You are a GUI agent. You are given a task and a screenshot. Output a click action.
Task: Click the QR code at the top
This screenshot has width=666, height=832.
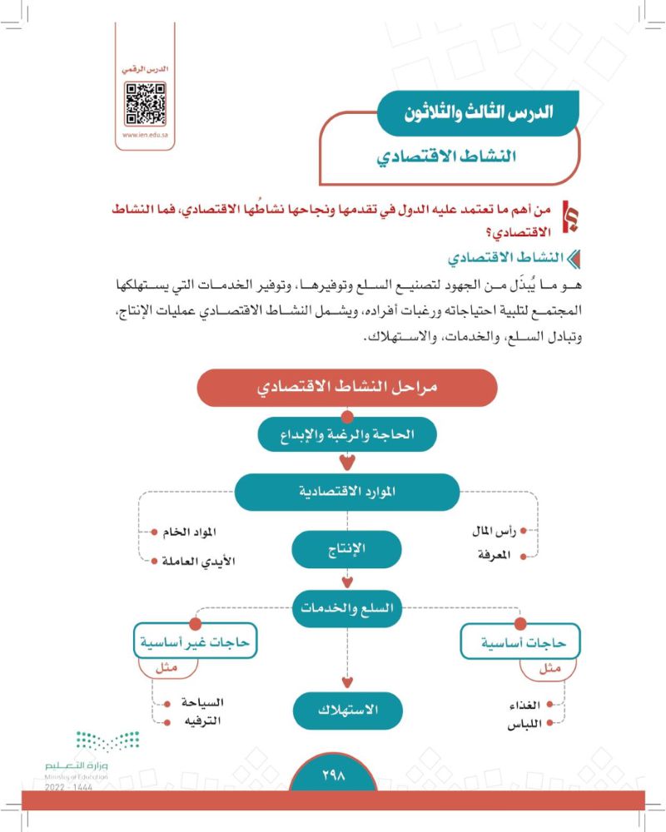(144, 104)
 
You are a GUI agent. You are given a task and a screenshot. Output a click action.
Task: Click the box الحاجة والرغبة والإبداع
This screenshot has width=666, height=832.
(347, 434)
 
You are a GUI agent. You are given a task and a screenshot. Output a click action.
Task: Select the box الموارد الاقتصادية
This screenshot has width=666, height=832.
(347, 492)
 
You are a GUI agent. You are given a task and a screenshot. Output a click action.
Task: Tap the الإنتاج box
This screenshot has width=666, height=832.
(347, 549)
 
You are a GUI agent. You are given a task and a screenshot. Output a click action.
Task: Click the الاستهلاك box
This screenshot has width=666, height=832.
(347, 710)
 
